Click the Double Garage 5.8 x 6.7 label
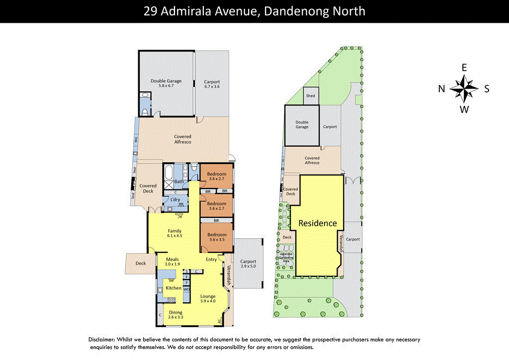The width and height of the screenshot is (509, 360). [166, 83]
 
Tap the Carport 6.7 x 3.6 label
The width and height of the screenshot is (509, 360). [212, 84]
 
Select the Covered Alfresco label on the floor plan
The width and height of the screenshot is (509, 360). [182, 139]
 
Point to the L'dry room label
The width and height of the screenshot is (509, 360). [175, 200]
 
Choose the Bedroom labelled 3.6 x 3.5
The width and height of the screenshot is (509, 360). [216, 237]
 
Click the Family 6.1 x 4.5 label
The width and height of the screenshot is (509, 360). [174, 233]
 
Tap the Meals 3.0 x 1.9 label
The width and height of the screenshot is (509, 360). [172, 262]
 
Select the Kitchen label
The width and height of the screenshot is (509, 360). [173, 288]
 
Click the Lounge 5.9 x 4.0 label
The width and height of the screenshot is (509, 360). [208, 298]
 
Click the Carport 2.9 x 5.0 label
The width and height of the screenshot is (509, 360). [248, 264]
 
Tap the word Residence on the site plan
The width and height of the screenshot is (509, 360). [317, 223]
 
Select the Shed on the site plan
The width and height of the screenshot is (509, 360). [311, 95]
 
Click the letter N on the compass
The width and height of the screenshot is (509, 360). [441, 89]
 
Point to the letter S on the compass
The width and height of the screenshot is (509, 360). [487, 89]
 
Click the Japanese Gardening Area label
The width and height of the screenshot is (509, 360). [286, 257]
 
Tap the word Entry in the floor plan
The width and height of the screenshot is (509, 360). [211, 259]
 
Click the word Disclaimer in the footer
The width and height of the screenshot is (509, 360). [102, 340]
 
